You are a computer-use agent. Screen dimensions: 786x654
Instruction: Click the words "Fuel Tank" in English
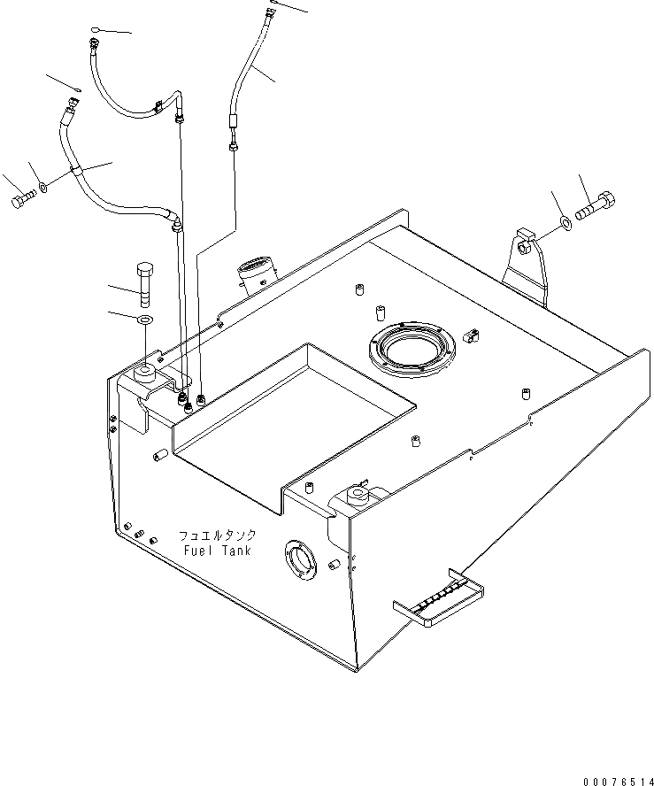218,551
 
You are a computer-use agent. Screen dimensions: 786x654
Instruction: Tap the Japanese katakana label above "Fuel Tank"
217,536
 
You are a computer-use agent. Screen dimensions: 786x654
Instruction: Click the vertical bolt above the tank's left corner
145,278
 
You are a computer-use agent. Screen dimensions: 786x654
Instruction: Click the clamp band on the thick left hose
78,169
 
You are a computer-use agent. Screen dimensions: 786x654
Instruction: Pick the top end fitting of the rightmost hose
269,11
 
